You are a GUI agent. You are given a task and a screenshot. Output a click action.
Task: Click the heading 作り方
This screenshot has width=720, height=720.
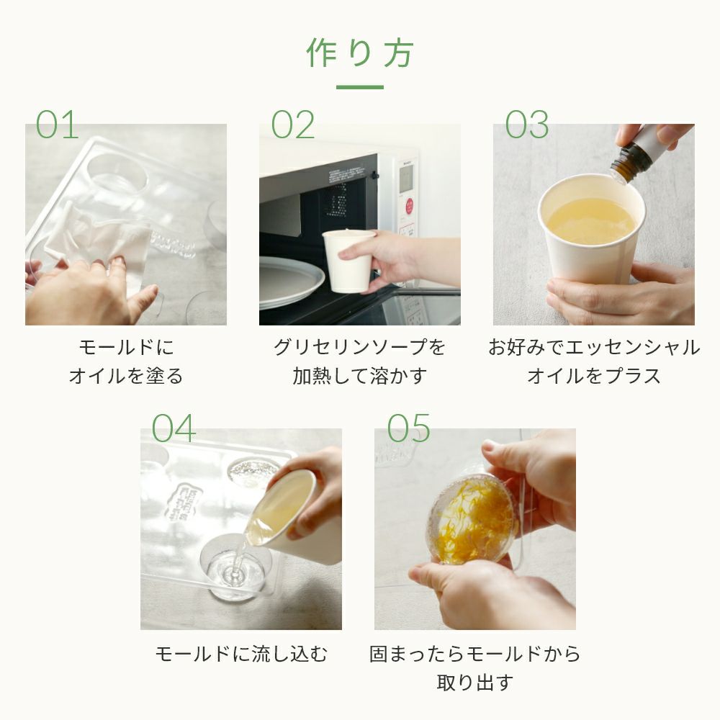(360, 53)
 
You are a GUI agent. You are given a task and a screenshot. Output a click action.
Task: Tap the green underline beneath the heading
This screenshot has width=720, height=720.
(360, 87)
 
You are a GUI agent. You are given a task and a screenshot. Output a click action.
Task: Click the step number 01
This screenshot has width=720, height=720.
(58, 125)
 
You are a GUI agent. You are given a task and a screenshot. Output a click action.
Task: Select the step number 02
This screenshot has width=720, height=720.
(293, 125)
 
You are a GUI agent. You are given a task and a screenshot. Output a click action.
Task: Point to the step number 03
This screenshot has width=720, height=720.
(527, 125)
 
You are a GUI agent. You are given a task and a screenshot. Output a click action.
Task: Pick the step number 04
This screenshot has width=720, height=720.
(174, 428)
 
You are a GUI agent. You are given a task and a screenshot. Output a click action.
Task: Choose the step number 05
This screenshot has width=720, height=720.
(409, 428)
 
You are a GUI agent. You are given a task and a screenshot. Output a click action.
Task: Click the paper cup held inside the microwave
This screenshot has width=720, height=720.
(348, 261)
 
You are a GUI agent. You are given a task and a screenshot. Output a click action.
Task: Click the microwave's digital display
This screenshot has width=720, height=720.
(406, 179)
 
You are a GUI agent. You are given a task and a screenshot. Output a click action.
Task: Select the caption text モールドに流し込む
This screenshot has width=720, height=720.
(241, 654)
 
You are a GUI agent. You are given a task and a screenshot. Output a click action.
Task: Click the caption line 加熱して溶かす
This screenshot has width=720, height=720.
(360, 376)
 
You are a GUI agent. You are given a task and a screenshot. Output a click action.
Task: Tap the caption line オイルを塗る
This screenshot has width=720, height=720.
(126, 376)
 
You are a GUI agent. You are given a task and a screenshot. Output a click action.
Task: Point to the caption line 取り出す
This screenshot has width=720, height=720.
(474, 683)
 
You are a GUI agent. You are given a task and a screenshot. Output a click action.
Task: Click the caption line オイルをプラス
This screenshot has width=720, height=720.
(594, 376)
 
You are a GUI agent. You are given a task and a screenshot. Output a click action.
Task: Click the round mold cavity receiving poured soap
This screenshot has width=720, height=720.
(235, 569)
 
